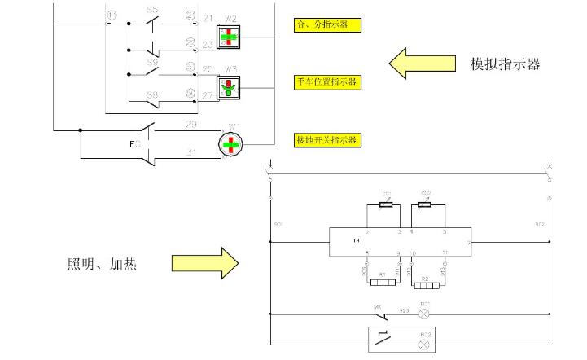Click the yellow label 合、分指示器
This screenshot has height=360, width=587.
tap(327, 25)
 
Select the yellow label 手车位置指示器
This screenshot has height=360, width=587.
tap(327, 81)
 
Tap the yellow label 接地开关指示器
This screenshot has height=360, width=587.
tap(327, 140)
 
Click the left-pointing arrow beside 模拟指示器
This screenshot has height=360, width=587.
tap(421, 64)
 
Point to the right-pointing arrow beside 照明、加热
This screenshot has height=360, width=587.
tap(204, 263)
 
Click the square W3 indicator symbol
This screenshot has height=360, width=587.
tap(230, 87)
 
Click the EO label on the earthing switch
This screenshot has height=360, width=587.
tap(135, 144)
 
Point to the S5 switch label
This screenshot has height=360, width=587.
tap(152, 10)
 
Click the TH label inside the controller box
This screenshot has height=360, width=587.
tap(356, 241)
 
